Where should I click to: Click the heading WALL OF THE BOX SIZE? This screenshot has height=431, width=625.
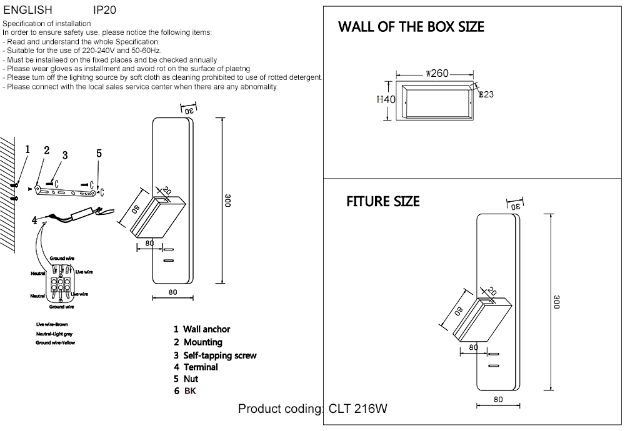point(411,27)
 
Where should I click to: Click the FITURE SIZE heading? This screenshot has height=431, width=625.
point(382,202)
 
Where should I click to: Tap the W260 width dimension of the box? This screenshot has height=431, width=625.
point(437,73)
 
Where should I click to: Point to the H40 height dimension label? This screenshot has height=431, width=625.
point(386,99)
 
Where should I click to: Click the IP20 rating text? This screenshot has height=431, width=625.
point(104,11)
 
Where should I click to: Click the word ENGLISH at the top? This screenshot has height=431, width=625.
point(28,11)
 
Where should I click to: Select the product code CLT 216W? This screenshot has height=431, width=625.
point(357,409)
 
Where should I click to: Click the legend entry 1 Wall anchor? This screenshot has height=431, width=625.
point(202,329)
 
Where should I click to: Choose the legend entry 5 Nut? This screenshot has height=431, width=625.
point(186,379)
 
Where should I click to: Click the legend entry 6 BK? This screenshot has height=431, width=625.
point(185,391)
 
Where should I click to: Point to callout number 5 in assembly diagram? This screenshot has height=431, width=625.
point(99,154)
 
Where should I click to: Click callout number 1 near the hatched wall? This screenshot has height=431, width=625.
point(27,149)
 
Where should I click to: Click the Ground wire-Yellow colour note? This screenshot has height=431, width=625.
point(55,343)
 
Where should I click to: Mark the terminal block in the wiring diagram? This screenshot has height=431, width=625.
point(61,285)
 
